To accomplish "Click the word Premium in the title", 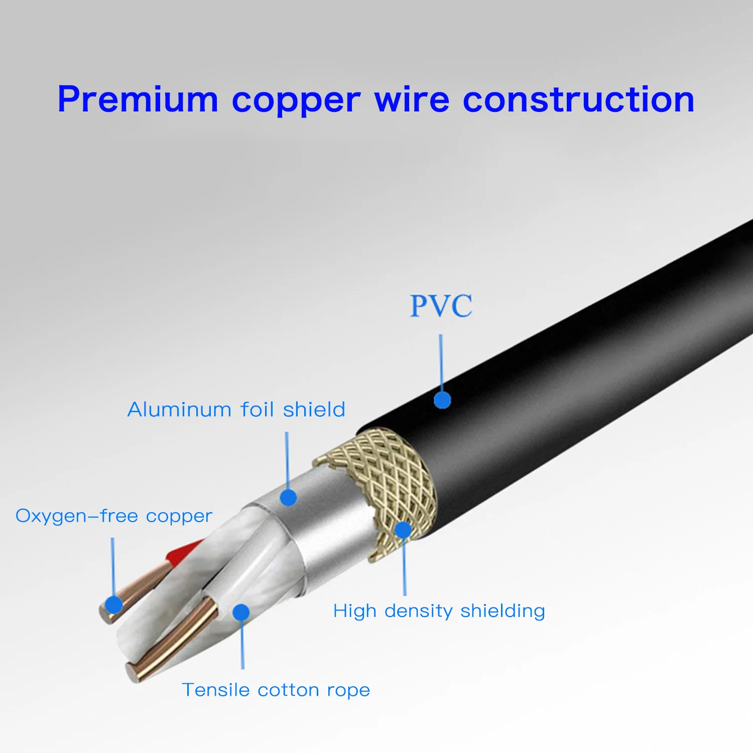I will (138, 99).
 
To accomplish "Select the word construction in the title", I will (578, 99).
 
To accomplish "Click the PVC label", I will (441, 306).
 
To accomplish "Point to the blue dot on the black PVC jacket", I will (442, 400).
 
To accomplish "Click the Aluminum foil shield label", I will (236, 410).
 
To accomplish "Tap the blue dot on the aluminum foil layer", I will (288, 497).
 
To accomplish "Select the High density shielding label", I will (439, 611).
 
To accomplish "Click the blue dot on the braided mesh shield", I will (403, 530).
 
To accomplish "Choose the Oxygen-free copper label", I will (114, 516).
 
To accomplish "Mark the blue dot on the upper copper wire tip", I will (114, 605).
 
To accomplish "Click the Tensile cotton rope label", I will (276, 690).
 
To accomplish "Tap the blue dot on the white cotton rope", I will (241, 612).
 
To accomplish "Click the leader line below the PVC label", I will (441, 361).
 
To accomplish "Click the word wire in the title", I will (412, 99).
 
